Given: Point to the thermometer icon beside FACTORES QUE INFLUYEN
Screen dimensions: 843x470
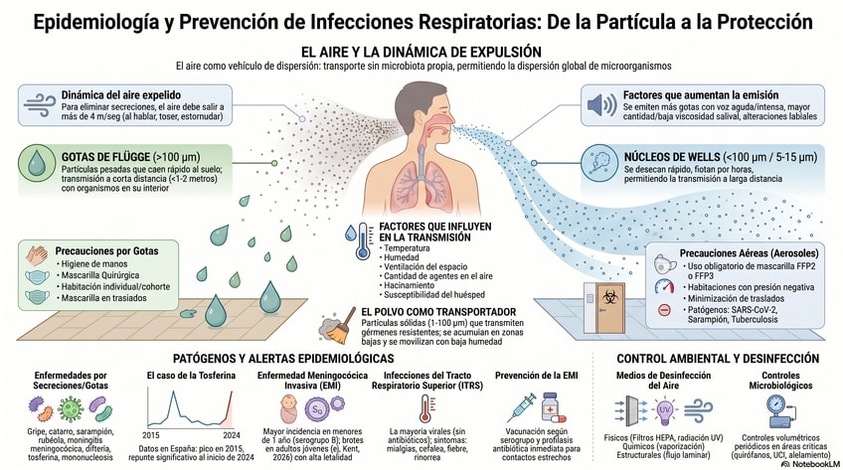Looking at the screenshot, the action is (351, 240).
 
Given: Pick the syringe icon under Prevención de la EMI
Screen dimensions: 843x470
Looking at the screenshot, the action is (522, 407).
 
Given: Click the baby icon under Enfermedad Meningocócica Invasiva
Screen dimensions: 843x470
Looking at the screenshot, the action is (286, 407).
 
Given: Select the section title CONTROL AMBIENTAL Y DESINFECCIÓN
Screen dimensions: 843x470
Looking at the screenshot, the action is (717, 358).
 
